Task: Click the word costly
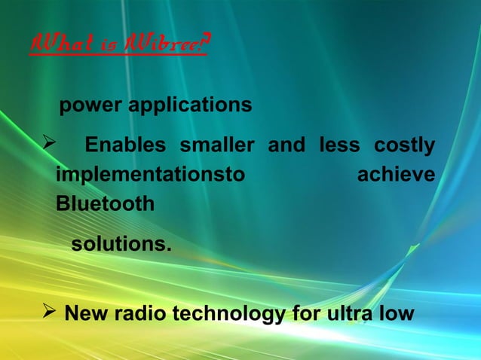click(405, 145)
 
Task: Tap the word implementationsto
click(151, 175)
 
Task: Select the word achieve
click(395, 175)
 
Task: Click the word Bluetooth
click(105, 204)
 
